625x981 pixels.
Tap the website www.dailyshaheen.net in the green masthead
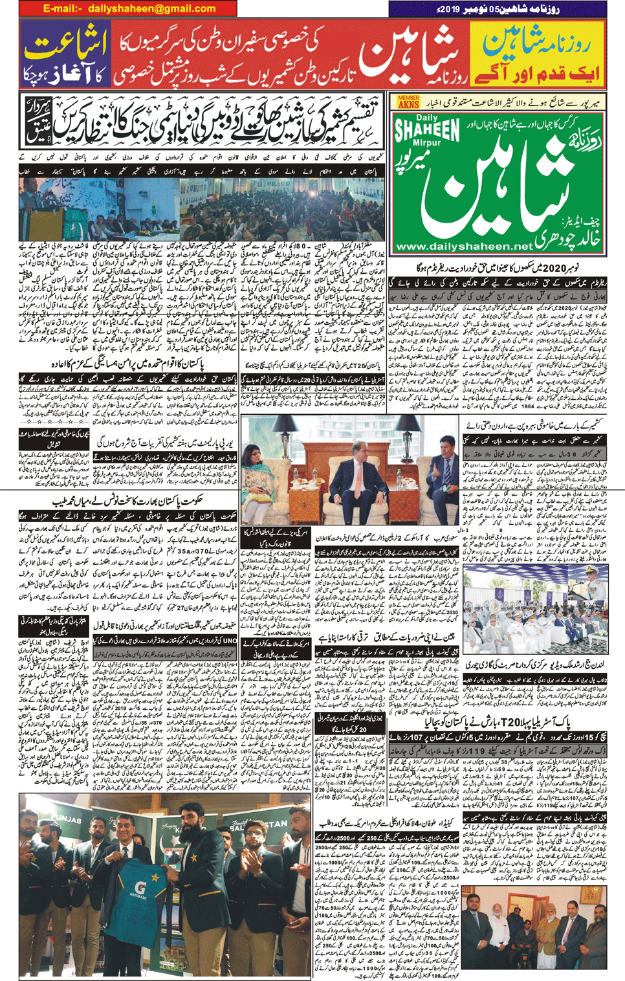point(464,247)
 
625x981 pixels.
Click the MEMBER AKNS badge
point(408,101)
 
